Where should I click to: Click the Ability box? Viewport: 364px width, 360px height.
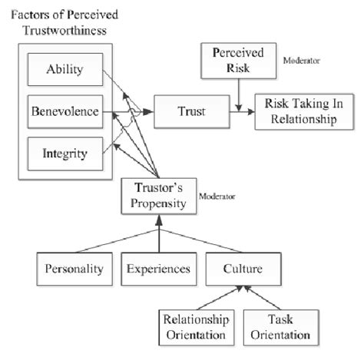[x=65, y=71]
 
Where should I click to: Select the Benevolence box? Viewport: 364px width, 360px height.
[x=65, y=111]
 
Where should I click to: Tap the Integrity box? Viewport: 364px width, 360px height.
[x=65, y=151]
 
